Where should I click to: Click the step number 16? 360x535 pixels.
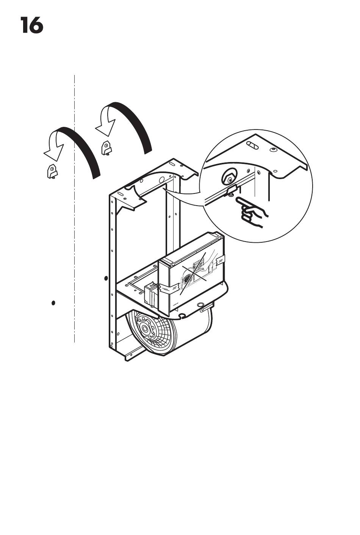point(31,25)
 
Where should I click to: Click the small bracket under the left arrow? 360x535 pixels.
point(52,172)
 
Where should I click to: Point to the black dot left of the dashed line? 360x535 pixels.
point(53,303)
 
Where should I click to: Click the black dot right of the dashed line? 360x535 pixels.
point(106,278)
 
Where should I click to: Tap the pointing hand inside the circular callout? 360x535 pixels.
point(251,211)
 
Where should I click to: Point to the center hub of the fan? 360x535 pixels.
point(145,329)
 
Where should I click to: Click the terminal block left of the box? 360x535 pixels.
point(150,294)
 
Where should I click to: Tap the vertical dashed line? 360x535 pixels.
point(74,209)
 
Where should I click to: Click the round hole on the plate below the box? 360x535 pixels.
point(200,304)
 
